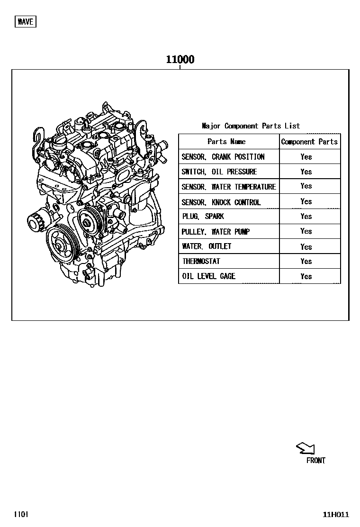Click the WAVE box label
pos(26,22)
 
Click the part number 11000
pos(180,60)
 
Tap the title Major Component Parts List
pos(251,126)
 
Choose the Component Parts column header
pos(309,142)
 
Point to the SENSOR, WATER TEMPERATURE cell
pos(229,187)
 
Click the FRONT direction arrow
pos(306,448)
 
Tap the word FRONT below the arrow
pos(315,461)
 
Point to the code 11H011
pos(336,514)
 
